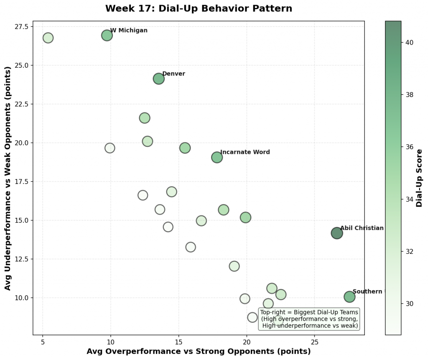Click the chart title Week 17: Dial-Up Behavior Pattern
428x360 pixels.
(x=199, y=8)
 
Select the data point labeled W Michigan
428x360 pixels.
(x=107, y=36)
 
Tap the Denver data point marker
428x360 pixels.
(x=158, y=79)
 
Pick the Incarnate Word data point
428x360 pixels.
(x=217, y=157)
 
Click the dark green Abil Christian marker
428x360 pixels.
(x=337, y=233)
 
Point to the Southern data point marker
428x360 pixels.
(x=349, y=297)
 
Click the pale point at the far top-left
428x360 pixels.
(x=48, y=38)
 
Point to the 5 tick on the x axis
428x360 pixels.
(x=43, y=342)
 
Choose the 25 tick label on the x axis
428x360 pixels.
(x=315, y=342)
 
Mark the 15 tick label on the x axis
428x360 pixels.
(x=178, y=342)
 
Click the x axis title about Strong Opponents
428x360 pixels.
(x=199, y=352)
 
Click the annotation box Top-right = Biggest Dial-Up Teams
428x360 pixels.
(x=309, y=319)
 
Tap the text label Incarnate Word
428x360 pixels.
(x=245, y=152)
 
